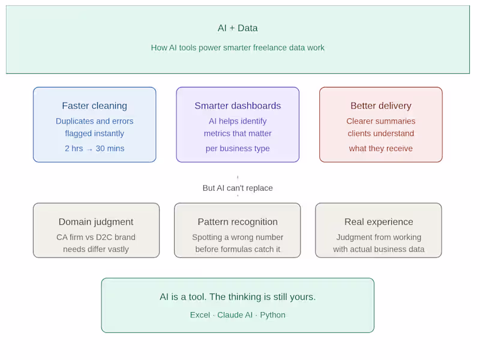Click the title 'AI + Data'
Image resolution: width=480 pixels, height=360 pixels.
click(x=238, y=28)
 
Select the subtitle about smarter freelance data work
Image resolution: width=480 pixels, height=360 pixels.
click(x=238, y=48)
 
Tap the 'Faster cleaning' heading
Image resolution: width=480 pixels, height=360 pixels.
click(x=94, y=106)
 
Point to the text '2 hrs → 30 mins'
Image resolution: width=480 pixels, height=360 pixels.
click(x=94, y=148)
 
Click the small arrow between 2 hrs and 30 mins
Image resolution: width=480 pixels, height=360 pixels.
click(x=89, y=149)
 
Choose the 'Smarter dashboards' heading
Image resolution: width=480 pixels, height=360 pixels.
click(x=238, y=106)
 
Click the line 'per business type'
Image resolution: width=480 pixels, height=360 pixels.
click(x=238, y=148)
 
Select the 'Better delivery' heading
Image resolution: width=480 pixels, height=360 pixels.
click(x=381, y=106)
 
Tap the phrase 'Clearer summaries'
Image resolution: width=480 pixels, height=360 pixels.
click(x=381, y=121)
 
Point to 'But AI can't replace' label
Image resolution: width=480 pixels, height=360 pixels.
click(x=238, y=188)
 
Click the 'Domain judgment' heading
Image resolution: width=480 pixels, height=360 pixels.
click(x=96, y=222)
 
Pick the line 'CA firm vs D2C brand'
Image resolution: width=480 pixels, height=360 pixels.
click(x=96, y=237)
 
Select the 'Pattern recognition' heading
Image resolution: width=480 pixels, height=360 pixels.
click(x=238, y=222)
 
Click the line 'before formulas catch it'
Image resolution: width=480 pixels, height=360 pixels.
click(x=238, y=249)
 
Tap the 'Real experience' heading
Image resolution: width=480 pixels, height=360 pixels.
click(x=379, y=222)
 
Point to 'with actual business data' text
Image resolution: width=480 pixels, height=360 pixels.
click(x=379, y=249)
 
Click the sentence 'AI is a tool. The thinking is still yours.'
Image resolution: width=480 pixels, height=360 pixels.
click(x=238, y=297)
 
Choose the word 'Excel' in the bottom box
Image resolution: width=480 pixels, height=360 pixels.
click(x=200, y=315)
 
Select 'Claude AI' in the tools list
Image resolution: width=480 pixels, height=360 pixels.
click(x=235, y=315)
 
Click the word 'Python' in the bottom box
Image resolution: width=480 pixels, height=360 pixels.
click(x=272, y=316)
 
